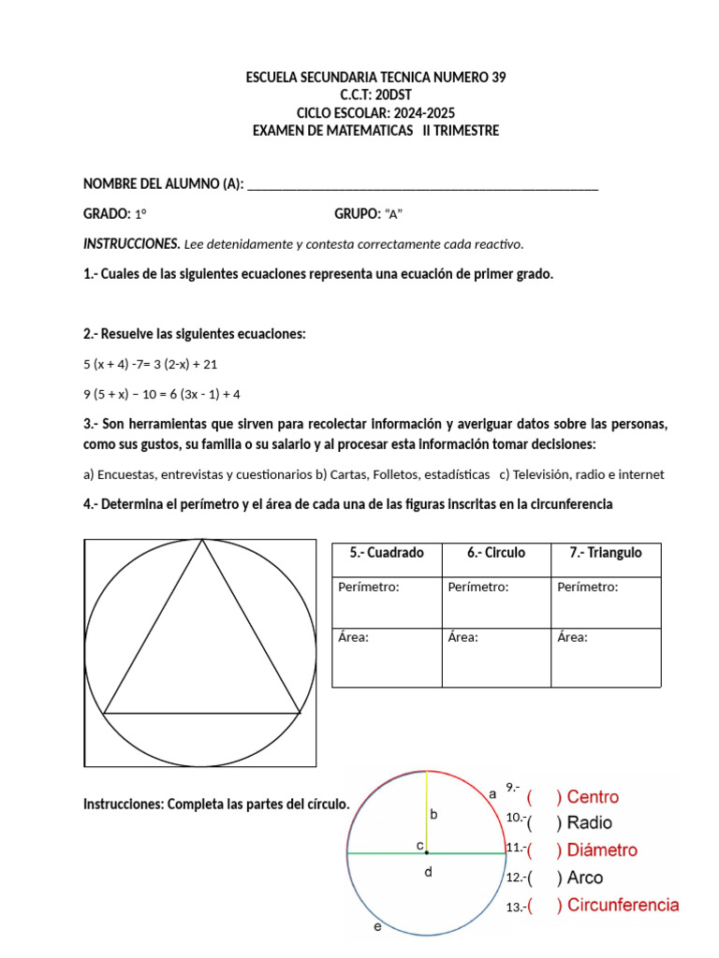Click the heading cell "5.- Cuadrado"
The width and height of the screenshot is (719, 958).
coord(387,553)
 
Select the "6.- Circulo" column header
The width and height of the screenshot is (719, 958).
coord(495,553)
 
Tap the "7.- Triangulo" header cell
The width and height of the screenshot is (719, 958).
coord(605,553)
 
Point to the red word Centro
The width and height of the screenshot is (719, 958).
coord(593,797)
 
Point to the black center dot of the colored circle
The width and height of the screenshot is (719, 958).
coord(427,852)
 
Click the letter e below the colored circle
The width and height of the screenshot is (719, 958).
coord(377,928)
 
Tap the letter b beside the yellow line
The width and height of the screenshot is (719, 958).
coord(434,815)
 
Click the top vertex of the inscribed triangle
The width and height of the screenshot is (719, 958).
coord(201,541)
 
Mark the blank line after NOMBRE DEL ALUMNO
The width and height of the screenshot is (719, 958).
coord(422,184)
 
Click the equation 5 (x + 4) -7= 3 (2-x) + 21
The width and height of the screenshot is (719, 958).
coord(150,364)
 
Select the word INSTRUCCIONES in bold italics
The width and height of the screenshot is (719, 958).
coord(131,244)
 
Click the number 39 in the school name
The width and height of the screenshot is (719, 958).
coord(497,78)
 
